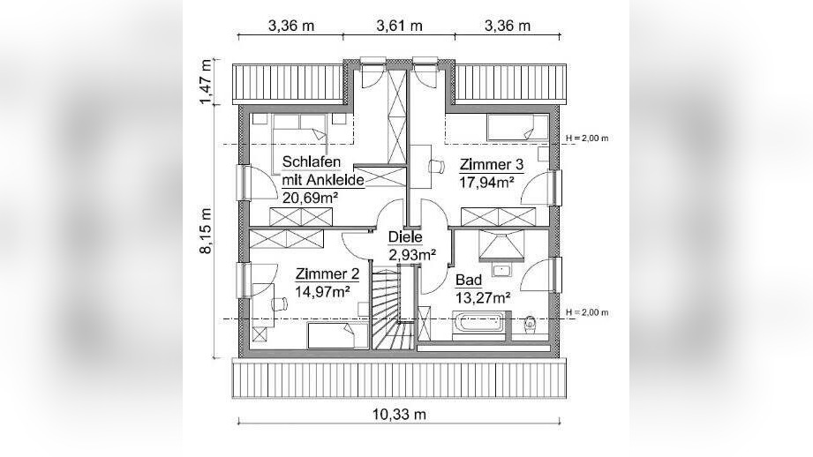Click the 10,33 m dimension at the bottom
(x=398, y=414)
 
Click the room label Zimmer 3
(x=491, y=164)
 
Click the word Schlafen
(x=311, y=161)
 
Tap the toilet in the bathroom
(x=531, y=323)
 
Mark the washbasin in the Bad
(x=502, y=269)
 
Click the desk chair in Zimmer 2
(x=278, y=303)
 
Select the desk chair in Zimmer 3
(x=436, y=165)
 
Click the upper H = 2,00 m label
(x=587, y=139)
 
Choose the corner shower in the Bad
(x=499, y=242)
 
